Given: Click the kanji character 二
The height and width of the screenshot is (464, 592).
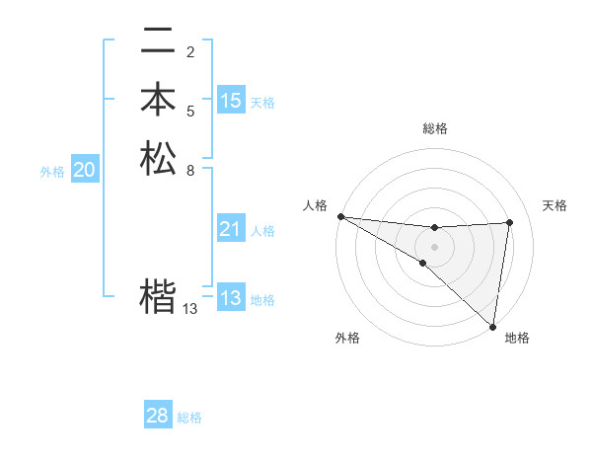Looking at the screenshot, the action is [x=158, y=41].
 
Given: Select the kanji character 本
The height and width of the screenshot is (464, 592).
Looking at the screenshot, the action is [x=158, y=100].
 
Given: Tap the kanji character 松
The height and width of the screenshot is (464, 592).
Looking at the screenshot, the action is [x=158, y=159].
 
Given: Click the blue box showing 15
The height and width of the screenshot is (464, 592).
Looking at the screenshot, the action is [x=231, y=100].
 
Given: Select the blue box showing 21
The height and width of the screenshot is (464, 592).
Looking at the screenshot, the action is [x=231, y=229].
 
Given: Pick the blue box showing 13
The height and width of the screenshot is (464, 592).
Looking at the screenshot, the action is [x=231, y=297].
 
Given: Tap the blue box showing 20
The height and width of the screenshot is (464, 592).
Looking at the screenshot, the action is [x=85, y=171].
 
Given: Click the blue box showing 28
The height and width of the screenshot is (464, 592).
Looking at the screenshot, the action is [x=158, y=416].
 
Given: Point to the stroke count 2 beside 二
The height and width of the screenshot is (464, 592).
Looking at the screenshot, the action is [x=190, y=51].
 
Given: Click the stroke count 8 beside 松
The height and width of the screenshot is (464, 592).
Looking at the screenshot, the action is [x=190, y=170].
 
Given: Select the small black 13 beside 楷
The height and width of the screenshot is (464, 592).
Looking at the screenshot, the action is [x=190, y=309].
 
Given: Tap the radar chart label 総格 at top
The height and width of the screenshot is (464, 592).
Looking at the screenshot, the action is [x=434, y=128].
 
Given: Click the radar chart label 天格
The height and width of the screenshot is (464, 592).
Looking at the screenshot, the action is [x=555, y=205].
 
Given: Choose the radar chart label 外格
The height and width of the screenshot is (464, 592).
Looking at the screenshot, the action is [x=347, y=338].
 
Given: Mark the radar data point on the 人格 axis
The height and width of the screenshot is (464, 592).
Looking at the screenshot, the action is [x=340, y=216].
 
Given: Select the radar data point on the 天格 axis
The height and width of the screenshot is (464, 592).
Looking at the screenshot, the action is [x=510, y=222].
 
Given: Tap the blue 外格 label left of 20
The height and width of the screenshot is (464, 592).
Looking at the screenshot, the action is [x=52, y=172].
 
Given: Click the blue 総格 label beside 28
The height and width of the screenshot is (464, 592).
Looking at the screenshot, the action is [x=189, y=418].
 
